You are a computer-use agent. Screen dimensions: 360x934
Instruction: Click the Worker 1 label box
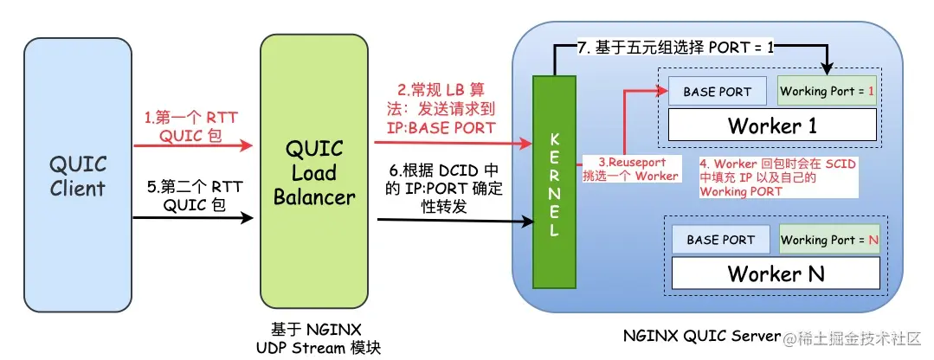[772, 125]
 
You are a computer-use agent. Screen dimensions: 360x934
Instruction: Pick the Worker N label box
[775, 273]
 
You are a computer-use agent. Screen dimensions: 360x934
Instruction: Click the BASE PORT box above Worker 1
[717, 91]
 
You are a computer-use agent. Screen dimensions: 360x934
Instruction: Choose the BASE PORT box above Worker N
[719, 240]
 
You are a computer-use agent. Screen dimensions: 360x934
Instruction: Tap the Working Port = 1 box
[828, 91]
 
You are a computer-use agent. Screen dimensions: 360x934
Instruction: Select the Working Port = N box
[829, 240]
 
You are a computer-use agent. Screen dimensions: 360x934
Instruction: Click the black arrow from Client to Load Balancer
[194, 217]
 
